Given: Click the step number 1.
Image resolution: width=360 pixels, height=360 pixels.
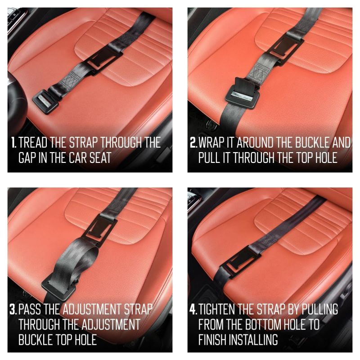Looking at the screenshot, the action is (13, 143).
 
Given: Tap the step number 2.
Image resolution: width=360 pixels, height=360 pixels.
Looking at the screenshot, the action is (193, 143).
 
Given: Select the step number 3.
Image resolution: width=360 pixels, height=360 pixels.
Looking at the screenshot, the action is (13, 309).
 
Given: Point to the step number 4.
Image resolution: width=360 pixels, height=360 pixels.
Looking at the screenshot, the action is (193, 309).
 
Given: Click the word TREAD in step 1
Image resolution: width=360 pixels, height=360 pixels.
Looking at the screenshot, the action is (32, 143).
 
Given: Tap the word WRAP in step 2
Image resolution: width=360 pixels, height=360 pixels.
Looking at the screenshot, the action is (211, 143).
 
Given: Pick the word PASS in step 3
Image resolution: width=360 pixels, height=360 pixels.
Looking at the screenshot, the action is (30, 309).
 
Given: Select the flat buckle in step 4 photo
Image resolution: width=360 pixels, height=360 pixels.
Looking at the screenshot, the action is (240, 261).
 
